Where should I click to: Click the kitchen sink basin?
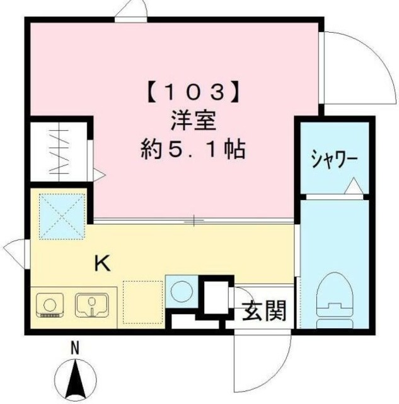tap(92, 305)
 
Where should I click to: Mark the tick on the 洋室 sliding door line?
tap(195, 220)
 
